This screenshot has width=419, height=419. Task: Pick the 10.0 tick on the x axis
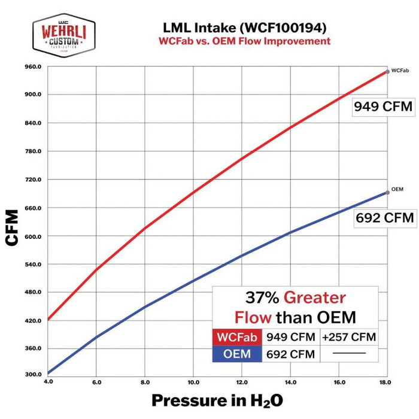click(193, 382)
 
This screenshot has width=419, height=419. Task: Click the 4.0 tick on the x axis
click(48, 382)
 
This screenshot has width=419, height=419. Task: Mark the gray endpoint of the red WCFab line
click(388, 71)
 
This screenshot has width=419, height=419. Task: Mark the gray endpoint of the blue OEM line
click(388, 192)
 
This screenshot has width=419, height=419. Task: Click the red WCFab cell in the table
click(237, 337)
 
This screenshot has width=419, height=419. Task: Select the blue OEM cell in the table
click(237, 354)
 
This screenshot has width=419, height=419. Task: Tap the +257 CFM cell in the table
click(348, 337)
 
